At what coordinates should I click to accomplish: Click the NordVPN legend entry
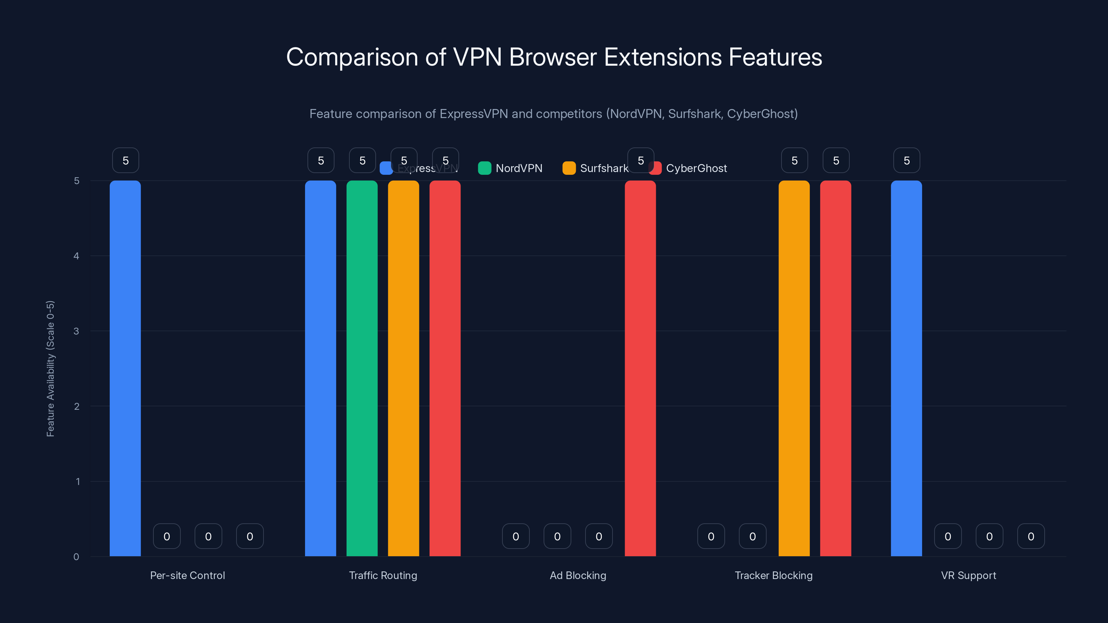point(511,168)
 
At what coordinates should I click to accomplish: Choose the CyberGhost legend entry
point(688,168)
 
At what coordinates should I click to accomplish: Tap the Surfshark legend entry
point(596,168)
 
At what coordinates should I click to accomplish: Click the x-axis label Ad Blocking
point(578,575)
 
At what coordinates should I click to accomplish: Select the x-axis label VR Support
point(968,575)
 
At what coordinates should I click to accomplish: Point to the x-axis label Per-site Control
point(187,575)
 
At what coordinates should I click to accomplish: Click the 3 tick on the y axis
point(76,331)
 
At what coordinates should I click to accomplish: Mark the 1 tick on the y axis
point(78,481)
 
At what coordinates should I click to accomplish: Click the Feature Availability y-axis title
point(50,369)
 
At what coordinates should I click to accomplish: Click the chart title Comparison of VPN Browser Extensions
point(554,57)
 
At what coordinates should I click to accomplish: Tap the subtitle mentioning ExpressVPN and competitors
point(554,114)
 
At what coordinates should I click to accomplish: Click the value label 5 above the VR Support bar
point(906,160)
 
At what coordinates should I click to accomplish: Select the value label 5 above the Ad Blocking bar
point(641,160)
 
